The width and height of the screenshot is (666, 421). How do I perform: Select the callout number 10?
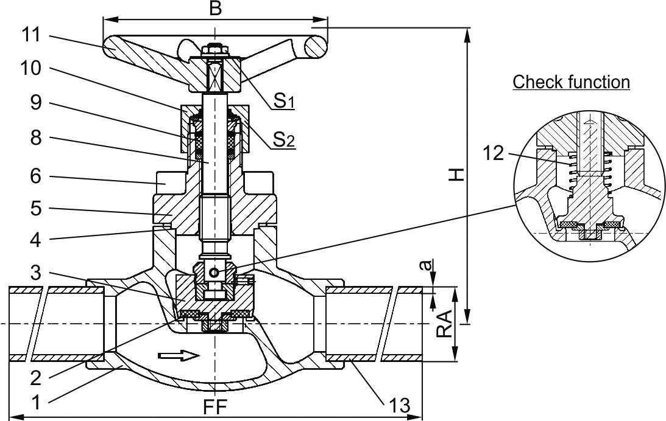point(29,69)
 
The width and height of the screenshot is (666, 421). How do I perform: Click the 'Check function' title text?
point(571,82)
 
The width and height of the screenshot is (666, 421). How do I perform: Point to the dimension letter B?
point(214,9)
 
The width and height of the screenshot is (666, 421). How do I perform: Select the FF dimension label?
point(214,406)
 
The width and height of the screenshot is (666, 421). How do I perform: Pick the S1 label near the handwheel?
point(284,102)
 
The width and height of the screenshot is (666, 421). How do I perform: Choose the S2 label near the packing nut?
point(284,142)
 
